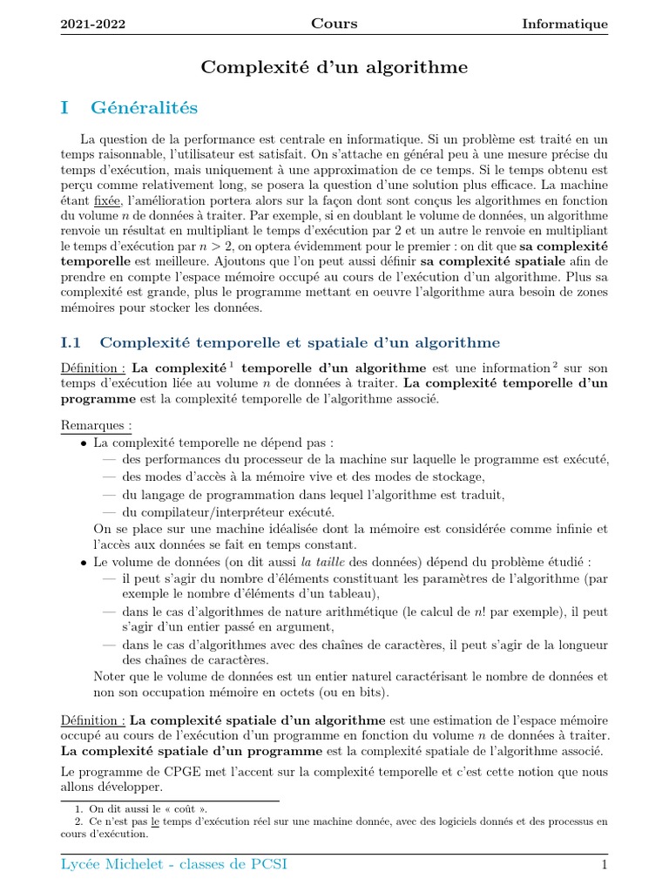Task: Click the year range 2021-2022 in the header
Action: tap(92, 24)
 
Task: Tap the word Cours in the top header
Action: tap(334, 24)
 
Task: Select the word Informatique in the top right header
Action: tap(564, 24)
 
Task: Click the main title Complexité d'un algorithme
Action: tap(334, 66)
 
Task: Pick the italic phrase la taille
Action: tap(324, 561)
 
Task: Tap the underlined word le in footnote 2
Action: tap(156, 821)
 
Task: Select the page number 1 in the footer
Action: tap(603, 865)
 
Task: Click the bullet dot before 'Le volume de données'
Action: tap(84, 561)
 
